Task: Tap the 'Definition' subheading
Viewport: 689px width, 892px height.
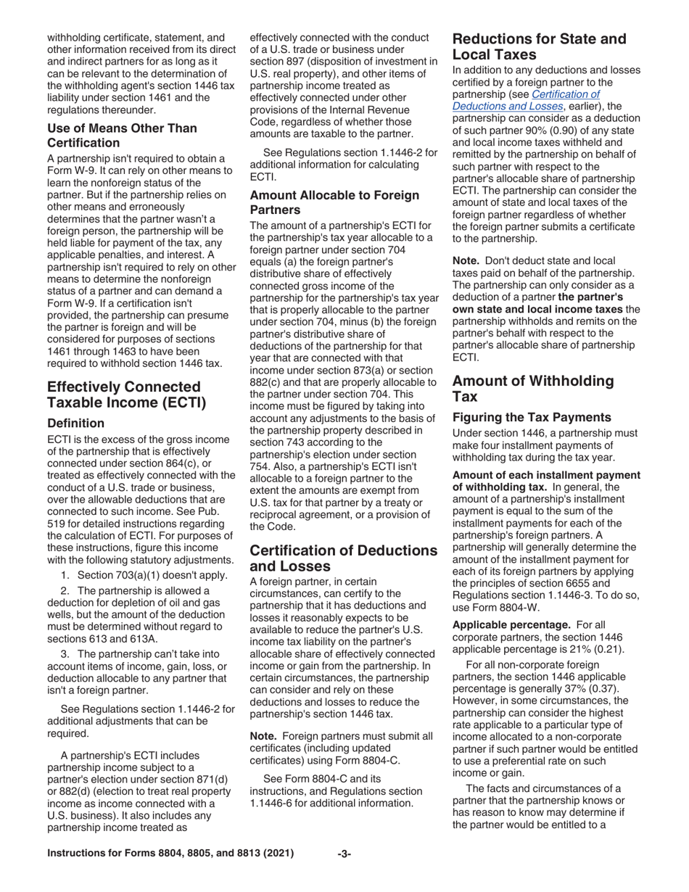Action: pos(78,422)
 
